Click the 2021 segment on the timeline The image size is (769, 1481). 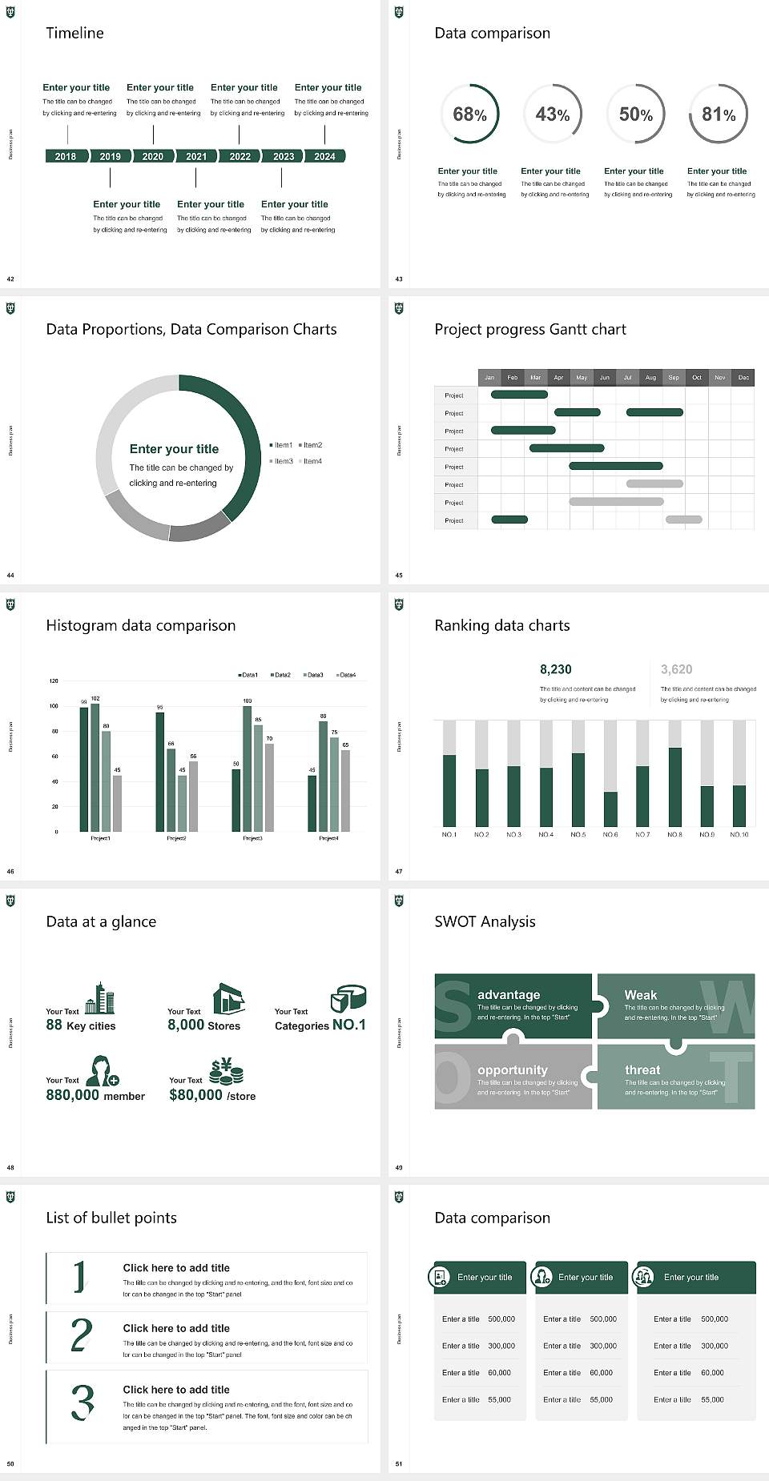[196, 157]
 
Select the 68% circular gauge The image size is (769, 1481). [469, 114]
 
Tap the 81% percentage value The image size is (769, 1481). [719, 114]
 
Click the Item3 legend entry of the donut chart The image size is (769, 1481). [281, 461]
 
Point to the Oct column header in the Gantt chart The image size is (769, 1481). [697, 377]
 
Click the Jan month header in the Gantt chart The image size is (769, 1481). [489, 377]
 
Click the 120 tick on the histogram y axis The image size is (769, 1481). [54, 681]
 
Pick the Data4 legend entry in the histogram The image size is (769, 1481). [346, 675]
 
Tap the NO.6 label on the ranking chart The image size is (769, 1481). [610, 834]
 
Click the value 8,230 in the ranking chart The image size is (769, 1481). [556, 669]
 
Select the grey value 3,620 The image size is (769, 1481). [677, 669]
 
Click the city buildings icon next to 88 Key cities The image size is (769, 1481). [100, 998]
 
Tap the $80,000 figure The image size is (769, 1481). [195, 1095]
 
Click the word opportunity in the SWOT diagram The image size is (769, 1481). [513, 1070]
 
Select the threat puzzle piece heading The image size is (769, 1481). [642, 1070]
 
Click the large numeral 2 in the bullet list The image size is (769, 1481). [82, 1335]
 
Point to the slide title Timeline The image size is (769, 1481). [74, 33]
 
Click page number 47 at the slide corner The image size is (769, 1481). [399, 871]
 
